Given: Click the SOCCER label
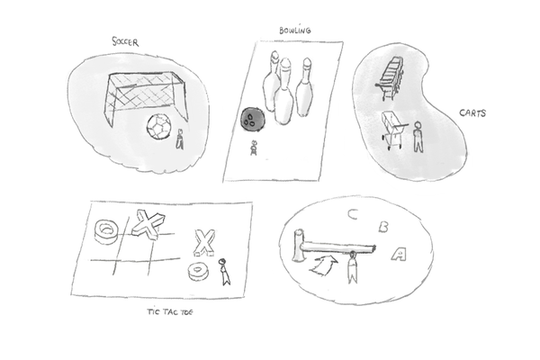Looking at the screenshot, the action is [x=125, y=41].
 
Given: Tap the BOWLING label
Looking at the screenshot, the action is [x=295, y=31].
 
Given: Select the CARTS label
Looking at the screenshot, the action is [x=472, y=113].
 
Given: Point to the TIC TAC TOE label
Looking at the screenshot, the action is [x=170, y=312].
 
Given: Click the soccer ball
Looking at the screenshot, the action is [x=158, y=127].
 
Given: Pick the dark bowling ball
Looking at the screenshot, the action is [x=253, y=119].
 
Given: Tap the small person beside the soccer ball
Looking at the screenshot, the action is [x=179, y=139].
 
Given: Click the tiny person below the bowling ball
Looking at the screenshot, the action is [x=254, y=148].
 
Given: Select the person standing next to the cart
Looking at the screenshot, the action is [x=418, y=137].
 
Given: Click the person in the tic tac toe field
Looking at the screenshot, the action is [x=224, y=272].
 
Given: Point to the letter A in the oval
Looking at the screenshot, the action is [x=399, y=254].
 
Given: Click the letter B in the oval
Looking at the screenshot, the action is [x=383, y=227].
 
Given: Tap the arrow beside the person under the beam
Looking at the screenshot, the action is [x=324, y=265].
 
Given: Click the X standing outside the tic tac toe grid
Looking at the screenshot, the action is [x=204, y=243].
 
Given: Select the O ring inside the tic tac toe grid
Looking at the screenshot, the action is [x=107, y=232].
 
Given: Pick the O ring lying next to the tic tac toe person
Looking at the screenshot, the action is [x=199, y=271].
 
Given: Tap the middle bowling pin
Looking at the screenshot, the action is [x=284, y=91].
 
